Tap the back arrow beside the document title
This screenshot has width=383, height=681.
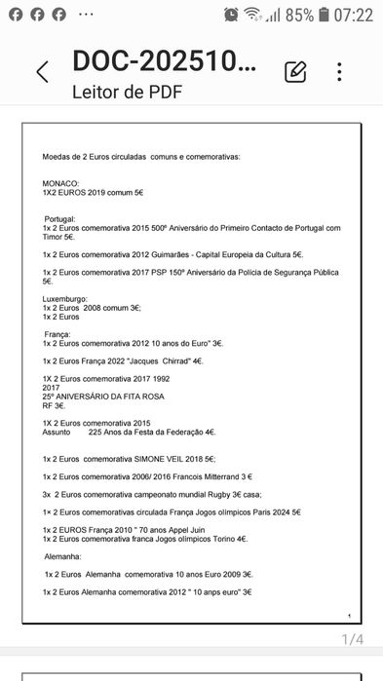[x=42, y=71]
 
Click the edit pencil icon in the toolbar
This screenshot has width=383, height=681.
[x=295, y=71]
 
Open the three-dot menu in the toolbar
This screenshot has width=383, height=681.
[x=339, y=71]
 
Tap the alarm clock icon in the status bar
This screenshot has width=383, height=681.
[x=231, y=15]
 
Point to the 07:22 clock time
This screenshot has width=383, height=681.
[x=352, y=15]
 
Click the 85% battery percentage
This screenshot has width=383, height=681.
[x=300, y=15]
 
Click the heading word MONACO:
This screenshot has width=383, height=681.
[x=60, y=183]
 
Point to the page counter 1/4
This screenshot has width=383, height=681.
[x=352, y=639]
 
